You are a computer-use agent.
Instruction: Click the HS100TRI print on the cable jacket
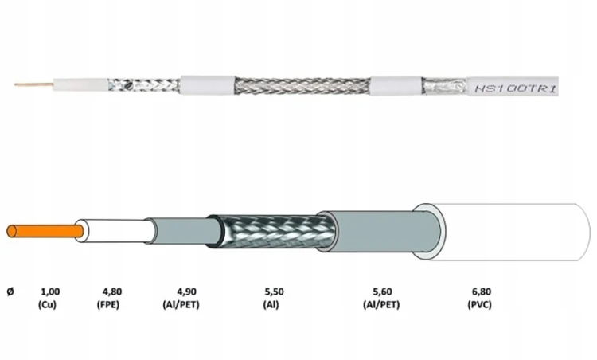(x=516, y=89)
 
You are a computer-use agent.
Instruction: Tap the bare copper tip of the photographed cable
(x=33, y=84)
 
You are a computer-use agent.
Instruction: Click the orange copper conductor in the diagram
(x=45, y=231)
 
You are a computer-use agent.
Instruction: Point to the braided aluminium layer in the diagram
(x=272, y=231)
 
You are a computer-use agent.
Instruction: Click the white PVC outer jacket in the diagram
(x=506, y=232)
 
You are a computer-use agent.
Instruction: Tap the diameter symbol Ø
(x=10, y=292)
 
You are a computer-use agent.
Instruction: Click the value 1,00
(x=50, y=292)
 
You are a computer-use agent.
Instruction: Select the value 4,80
(x=112, y=292)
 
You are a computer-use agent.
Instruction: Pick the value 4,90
(x=186, y=292)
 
